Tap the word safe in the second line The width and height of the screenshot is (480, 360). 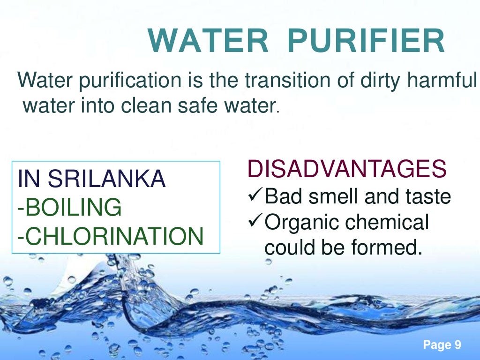209,106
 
